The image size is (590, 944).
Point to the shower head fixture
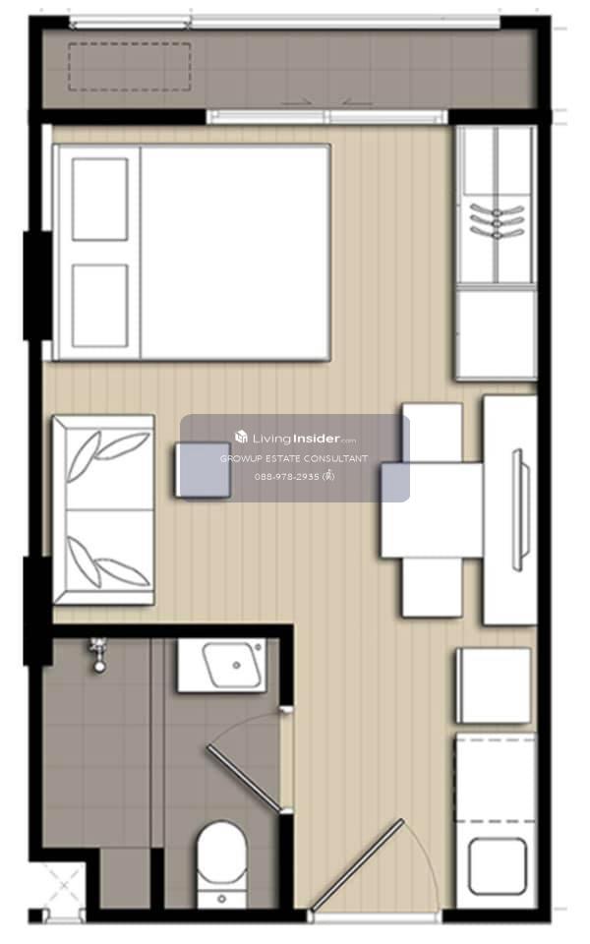tap(97, 655)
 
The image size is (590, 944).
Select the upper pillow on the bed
tap(100, 200)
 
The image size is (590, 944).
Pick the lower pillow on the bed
tap(100, 306)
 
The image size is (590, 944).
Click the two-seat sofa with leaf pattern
tap(103, 509)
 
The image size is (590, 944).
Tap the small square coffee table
tap(203, 470)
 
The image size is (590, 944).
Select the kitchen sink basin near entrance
tap(498, 866)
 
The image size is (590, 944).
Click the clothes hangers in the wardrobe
tap(496, 221)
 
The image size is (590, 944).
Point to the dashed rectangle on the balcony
tap(130, 67)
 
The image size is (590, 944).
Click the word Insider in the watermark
tap(317, 439)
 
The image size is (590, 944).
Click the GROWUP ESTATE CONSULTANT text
tap(294, 459)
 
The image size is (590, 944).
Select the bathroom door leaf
tap(244, 779)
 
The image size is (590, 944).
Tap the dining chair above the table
tap(433, 433)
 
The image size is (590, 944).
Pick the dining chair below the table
tap(433, 587)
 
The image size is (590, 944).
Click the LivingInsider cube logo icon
tap(242, 437)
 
